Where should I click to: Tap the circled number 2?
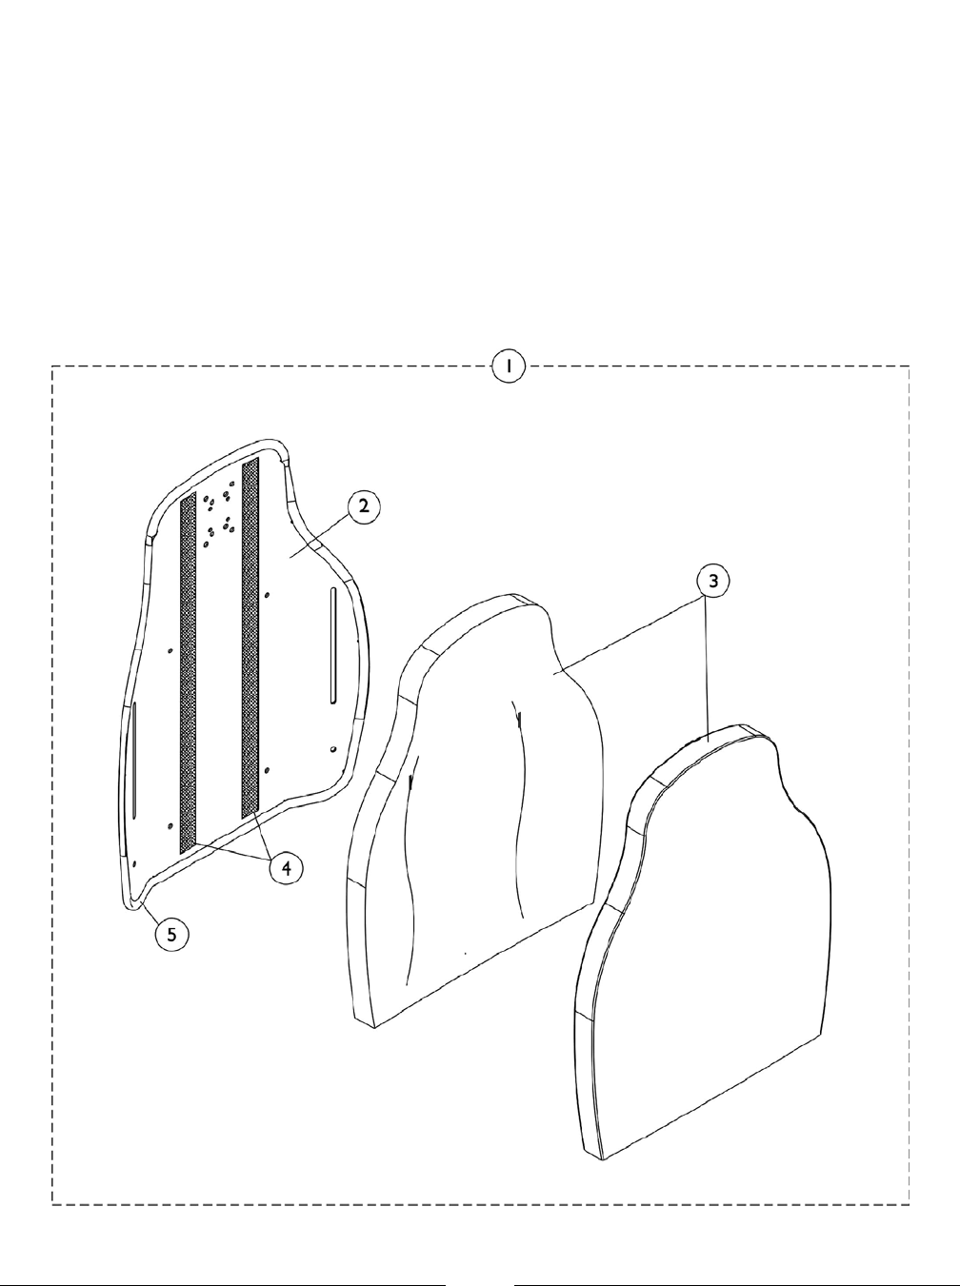(x=363, y=507)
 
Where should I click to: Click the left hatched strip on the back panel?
(x=189, y=666)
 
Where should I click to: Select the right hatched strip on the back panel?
(x=250, y=638)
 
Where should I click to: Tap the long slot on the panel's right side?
(x=332, y=644)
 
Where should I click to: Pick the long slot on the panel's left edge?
(x=135, y=759)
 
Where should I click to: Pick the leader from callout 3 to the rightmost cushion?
(x=707, y=666)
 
